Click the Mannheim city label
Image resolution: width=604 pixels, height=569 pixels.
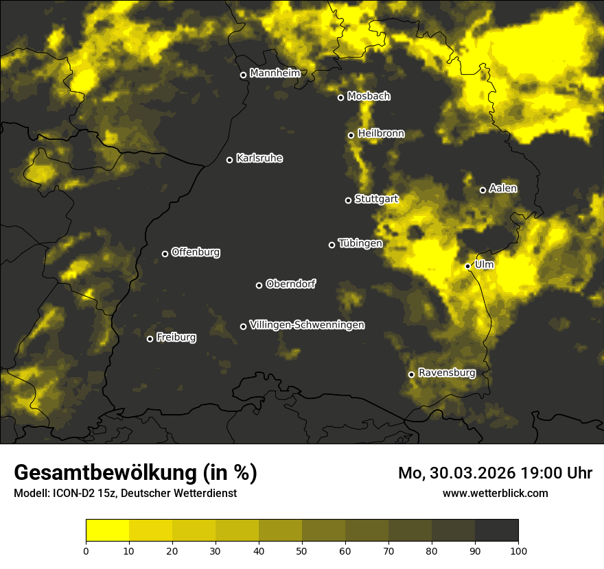click(x=275, y=73)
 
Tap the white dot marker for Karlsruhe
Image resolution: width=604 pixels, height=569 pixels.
click(x=229, y=160)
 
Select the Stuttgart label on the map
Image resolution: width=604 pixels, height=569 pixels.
click(x=376, y=199)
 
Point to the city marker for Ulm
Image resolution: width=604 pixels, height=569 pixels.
click(x=467, y=266)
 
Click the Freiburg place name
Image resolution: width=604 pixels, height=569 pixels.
click(x=176, y=337)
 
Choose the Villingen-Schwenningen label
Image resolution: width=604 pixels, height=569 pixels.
click(x=307, y=325)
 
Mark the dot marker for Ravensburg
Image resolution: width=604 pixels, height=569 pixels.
click(x=411, y=374)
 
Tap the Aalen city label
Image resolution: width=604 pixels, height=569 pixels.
click(x=503, y=189)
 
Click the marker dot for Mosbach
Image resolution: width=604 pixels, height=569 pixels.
click(x=340, y=97)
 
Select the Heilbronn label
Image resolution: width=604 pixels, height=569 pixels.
click(x=381, y=134)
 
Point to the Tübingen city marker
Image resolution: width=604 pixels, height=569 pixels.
click(x=332, y=245)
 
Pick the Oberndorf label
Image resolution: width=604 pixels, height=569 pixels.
click(x=290, y=284)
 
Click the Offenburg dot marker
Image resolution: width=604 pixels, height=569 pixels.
click(x=165, y=254)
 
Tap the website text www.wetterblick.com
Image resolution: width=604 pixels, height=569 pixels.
click(x=496, y=493)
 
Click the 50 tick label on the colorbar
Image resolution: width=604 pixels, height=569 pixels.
click(x=302, y=550)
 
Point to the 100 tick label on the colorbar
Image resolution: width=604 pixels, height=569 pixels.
click(x=518, y=550)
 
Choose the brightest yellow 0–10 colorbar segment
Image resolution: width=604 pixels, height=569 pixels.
click(x=107, y=531)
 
